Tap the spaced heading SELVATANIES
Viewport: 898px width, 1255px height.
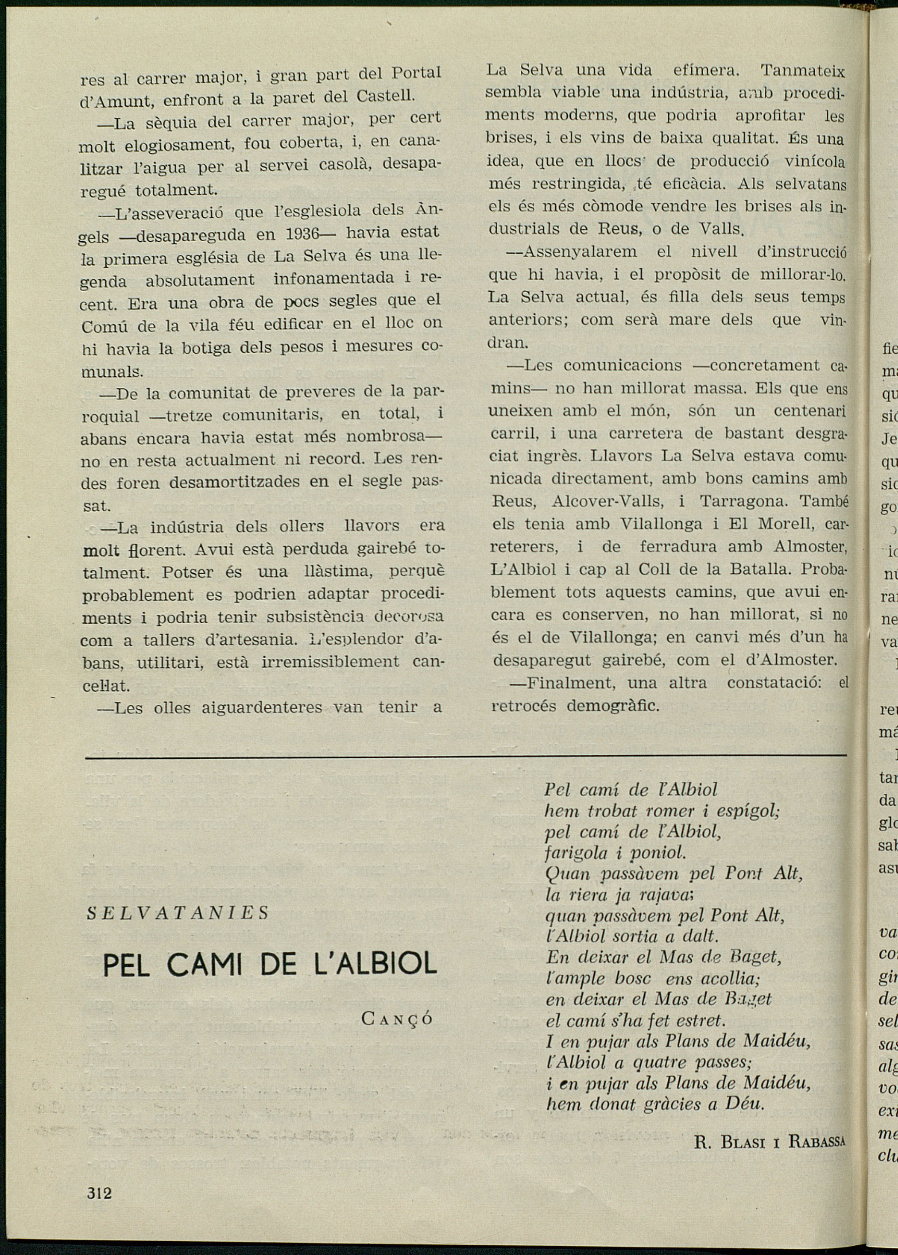click(178, 913)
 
